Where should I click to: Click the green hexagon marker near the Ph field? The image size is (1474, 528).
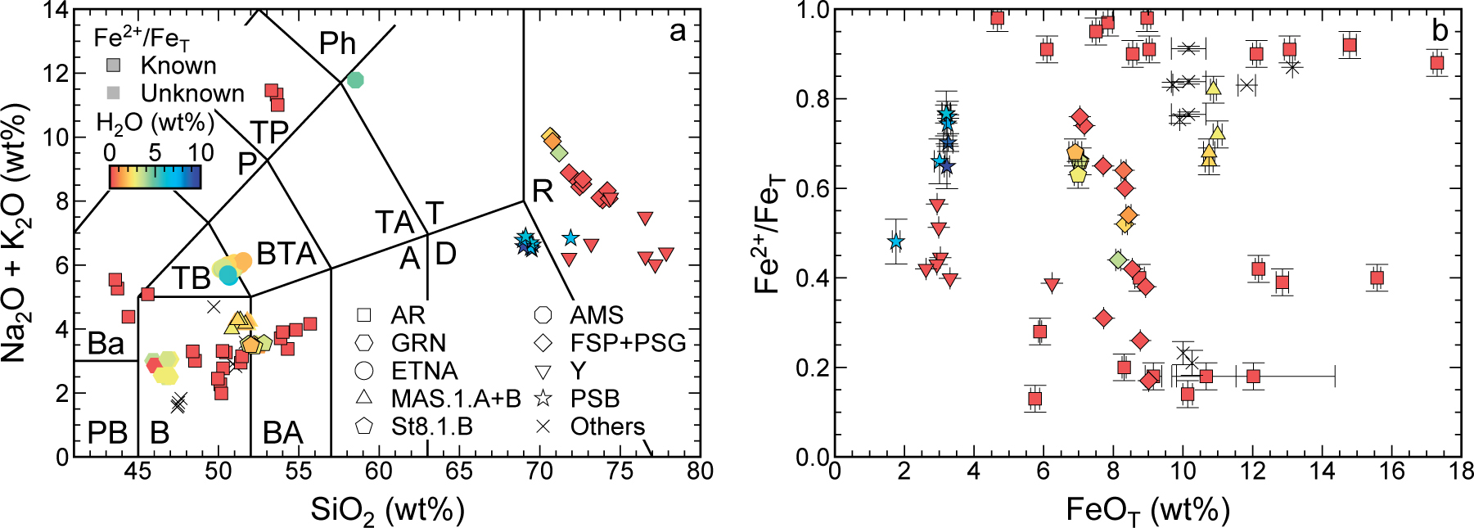pyautogui.click(x=354, y=79)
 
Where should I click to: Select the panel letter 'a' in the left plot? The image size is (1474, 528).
pyautogui.click(x=677, y=32)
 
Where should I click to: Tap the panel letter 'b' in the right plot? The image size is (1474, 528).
pyautogui.click(x=1440, y=31)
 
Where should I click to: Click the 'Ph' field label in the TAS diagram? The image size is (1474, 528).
pyautogui.click(x=337, y=43)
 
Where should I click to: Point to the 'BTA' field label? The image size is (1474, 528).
pyautogui.click(x=286, y=255)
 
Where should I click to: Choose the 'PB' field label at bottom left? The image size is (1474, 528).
pyautogui.click(x=107, y=432)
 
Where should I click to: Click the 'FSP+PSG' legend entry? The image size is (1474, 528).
pyautogui.click(x=628, y=343)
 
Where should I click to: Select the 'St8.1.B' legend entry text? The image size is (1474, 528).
pyautogui.click(x=431, y=426)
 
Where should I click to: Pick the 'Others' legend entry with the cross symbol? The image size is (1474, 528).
pyautogui.click(x=607, y=426)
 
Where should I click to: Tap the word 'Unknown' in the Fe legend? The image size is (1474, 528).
pyautogui.click(x=192, y=93)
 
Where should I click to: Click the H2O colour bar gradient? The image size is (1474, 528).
pyautogui.click(x=155, y=177)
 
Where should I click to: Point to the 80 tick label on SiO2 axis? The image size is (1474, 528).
pyautogui.click(x=700, y=472)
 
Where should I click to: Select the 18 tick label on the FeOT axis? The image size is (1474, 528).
pyautogui.click(x=1460, y=472)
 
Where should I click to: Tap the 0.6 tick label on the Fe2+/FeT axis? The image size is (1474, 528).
pyautogui.click(x=812, y=188)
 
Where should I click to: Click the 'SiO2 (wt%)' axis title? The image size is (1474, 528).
pyautogui.click(x=387, y=511)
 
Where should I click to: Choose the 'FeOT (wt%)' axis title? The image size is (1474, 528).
pyautogui.click(x=1147, y=511)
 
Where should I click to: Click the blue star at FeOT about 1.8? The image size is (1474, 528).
pyautogui.click(x=896, y=241)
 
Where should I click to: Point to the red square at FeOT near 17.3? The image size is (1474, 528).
pyautogui.click(x=1436, y=63)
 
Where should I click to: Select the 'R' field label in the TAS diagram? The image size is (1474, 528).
pyautogui.click(x=543, y=191)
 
